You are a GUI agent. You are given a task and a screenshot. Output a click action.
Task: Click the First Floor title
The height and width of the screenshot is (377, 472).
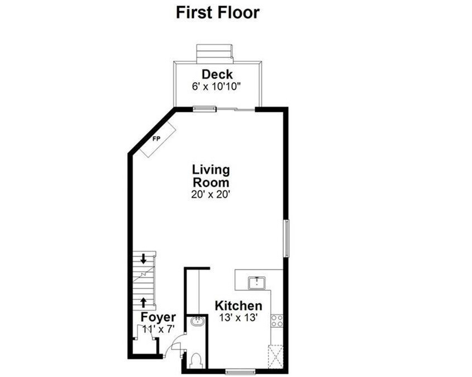[x=218, y=12]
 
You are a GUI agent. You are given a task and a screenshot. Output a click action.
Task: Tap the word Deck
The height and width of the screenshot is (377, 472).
[x=217, y=74]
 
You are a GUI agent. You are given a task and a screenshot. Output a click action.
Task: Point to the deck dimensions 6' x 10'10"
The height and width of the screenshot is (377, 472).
[x=217, y=87]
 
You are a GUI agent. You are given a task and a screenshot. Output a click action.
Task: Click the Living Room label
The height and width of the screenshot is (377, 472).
[x=211, y=176]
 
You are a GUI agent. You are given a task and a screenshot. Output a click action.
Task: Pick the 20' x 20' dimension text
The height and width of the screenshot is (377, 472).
[x=211, y=195]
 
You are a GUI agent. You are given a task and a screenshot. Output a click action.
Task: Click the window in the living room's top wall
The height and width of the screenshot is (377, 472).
[x=204, y=108]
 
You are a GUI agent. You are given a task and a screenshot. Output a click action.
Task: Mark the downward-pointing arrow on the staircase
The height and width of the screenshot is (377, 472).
[x=144, y=259]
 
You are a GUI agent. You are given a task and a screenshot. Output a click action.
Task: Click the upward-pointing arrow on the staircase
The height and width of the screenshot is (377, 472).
[x=144, y=303]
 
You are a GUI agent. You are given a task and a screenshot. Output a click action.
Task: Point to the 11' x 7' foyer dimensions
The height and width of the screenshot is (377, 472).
[x=158, y=329]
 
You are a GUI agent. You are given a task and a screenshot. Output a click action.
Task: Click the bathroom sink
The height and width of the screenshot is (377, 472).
[x=197, y=322]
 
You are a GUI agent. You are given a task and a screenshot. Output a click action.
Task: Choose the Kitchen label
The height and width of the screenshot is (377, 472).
[x=239, y=306]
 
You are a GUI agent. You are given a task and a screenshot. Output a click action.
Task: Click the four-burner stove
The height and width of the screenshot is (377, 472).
[x=276, y=321]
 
